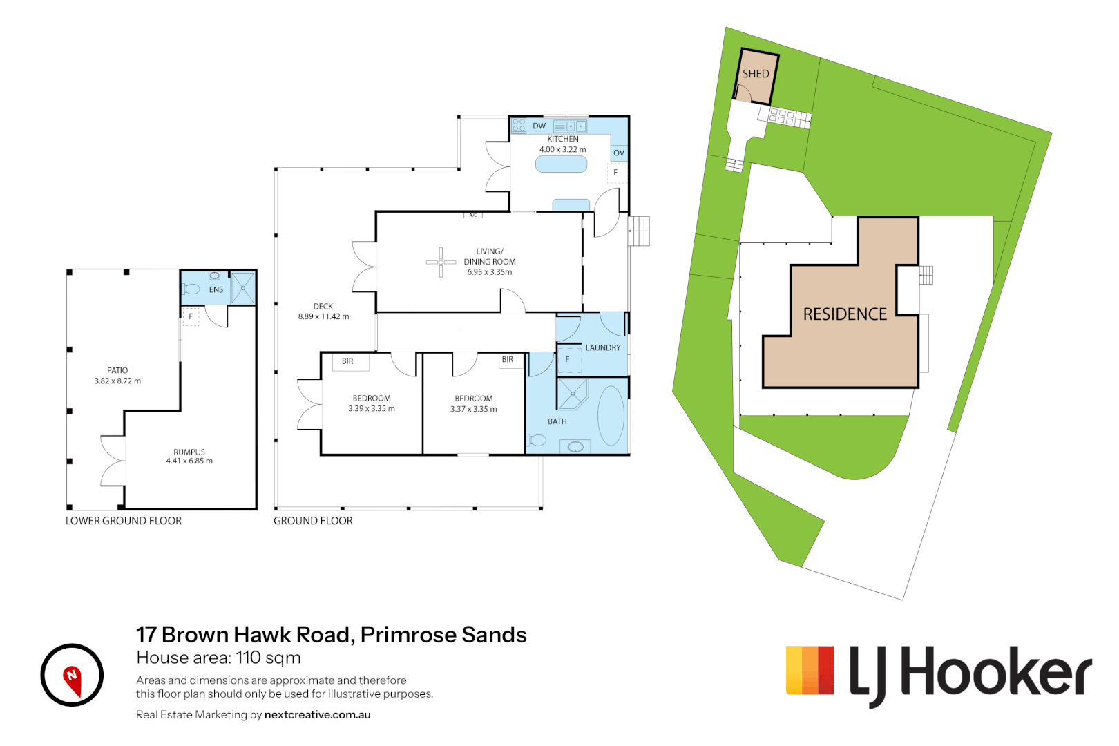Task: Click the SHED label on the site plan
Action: tap(756, 74)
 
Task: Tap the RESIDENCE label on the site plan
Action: tap(845, 314)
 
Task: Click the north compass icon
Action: tap(72, 675)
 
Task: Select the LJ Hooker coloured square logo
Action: tap(810, 670)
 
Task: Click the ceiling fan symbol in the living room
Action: tap(441, 262)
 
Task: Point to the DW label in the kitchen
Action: tap(539, 126)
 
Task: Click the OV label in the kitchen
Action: tap(619, 153)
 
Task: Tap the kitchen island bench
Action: tap(562, 164)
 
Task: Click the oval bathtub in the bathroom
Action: tap(611, 415)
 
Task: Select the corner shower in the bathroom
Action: tap(572, 394)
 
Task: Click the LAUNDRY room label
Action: tap(603, 347)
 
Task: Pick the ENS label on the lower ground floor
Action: tap(216, 290)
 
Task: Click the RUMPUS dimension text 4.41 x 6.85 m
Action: tap(189, 461)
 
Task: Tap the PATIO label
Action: tap(117, 370)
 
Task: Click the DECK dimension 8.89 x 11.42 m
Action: tap(323, 316)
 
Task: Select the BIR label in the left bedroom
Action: tap(347, 361)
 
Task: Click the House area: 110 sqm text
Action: tap(218, 658)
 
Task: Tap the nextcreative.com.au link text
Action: tap(317, 715)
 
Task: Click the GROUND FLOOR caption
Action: tap(313, 521)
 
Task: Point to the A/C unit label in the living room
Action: tap(473, 216)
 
